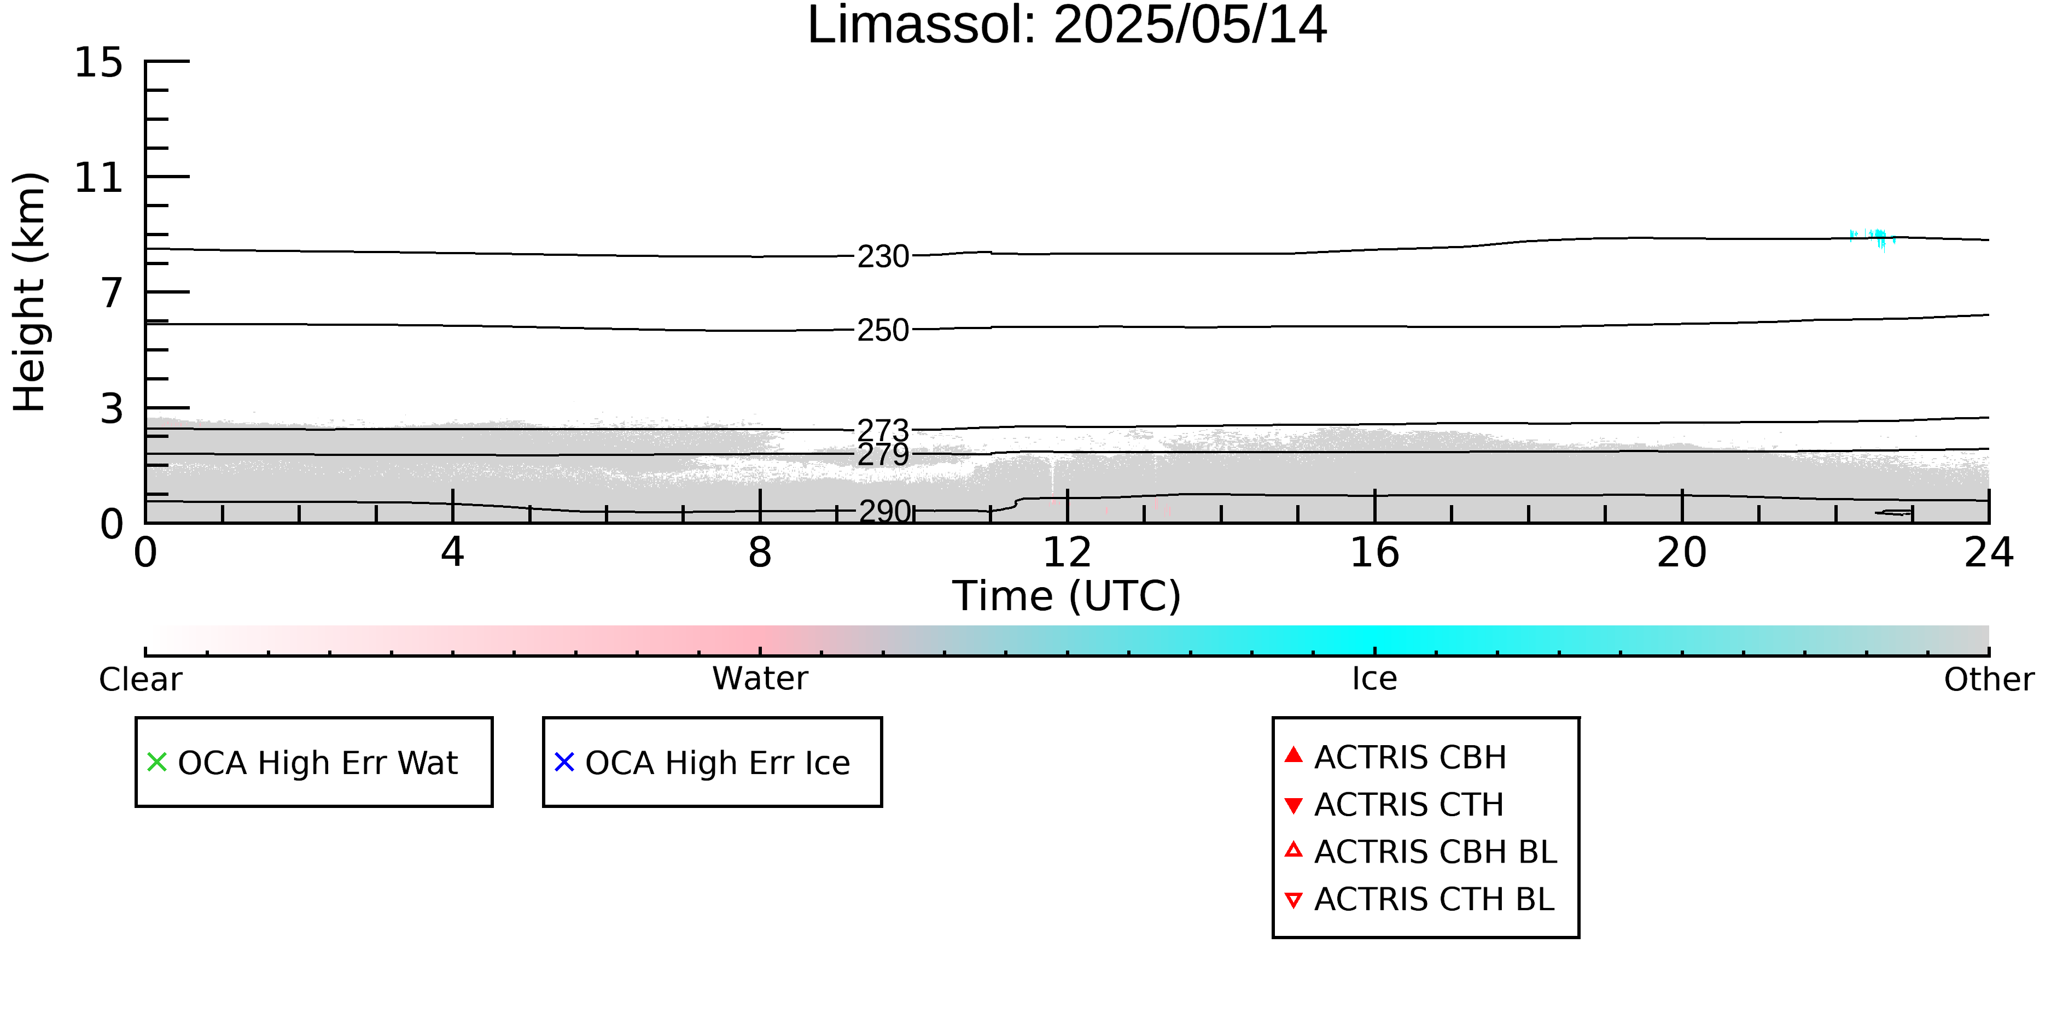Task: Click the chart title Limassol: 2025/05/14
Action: pos(1067,26)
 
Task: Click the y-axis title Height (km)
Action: pos(30,292)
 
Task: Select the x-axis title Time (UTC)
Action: pos(1067,596)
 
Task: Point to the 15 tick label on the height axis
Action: pos(99,62)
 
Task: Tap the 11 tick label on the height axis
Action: pos(99,178)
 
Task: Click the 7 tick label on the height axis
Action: pos(112,293)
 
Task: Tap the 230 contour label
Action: pos(883,256)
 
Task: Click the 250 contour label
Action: pos(883,330)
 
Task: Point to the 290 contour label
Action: pos(884,511)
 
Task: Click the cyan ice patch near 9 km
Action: pos(1873,237)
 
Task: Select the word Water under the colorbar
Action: pos(760,679)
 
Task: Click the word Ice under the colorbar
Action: pos(1374,679)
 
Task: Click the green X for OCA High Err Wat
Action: pos(157,763)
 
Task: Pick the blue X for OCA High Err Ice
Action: pos(564,763)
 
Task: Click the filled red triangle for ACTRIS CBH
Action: pos(1294,754)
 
